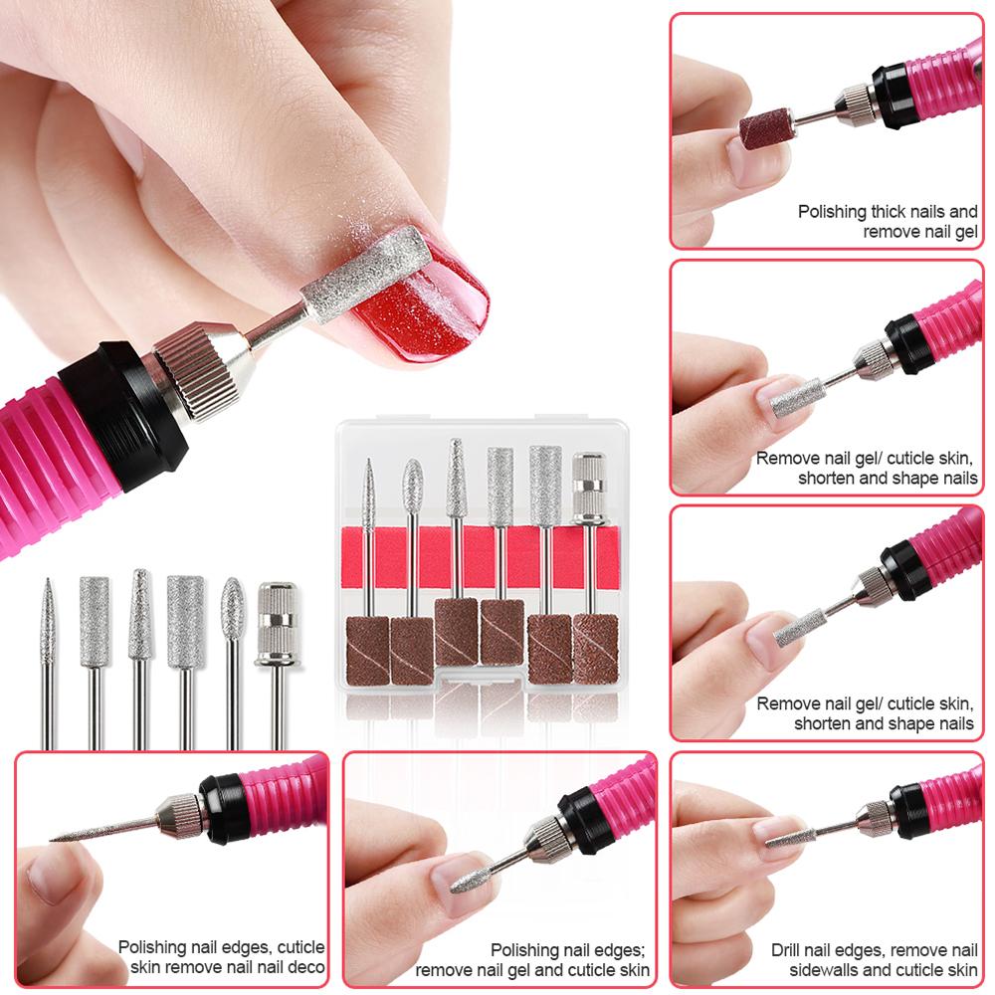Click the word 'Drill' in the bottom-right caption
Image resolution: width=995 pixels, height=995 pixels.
pos(788,950)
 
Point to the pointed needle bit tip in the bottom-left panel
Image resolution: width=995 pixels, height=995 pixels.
pos(52,839)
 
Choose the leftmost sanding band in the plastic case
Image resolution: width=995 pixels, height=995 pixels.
pos(367,650)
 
